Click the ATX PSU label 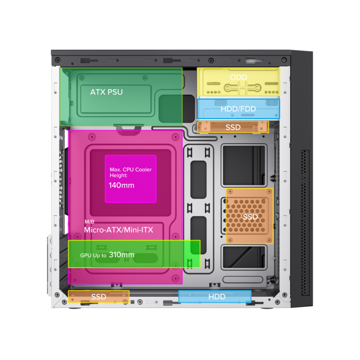pos(106,92)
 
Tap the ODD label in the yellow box pos(238,77)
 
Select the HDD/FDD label pos(238,109)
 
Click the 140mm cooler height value pos(121,185)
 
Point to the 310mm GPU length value pos(121,255)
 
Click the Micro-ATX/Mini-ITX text pos(118,230)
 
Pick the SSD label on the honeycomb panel pos(250,217)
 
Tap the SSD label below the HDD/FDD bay pos(233,127)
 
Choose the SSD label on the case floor pos(99,297)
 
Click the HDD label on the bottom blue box pos(217,297)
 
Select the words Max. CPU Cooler pos(130,170)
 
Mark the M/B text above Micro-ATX pos(89,221)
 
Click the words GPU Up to pos(93,255)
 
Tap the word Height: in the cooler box pos(118,175)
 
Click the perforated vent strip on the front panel pos(305,223)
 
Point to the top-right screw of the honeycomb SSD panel pos(269,192)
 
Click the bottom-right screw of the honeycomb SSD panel pos(269,240)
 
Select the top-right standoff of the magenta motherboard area pos(175,137)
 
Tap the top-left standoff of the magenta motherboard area pos(92,137)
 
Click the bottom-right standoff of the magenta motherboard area pos(175,278)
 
